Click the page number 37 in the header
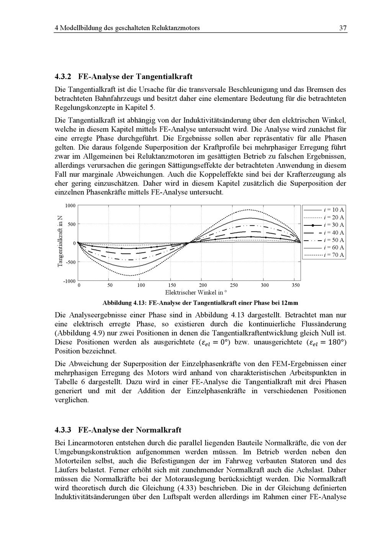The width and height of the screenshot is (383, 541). [343, 28]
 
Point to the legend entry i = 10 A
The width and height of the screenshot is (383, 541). [334, 210]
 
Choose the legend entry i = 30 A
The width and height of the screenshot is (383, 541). [334, 225]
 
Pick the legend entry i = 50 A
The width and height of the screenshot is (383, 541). [334, 240]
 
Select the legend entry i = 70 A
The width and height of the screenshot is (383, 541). [334, 255]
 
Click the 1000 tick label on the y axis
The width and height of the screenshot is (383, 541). [70, 205]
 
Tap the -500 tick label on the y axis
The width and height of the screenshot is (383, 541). [70, 262]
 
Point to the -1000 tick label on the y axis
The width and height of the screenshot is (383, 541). [69, 281]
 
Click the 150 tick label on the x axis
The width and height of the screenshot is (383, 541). [172, 285]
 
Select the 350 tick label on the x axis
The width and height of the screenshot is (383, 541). [296, 285]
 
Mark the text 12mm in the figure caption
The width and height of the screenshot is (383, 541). [290, 303]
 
